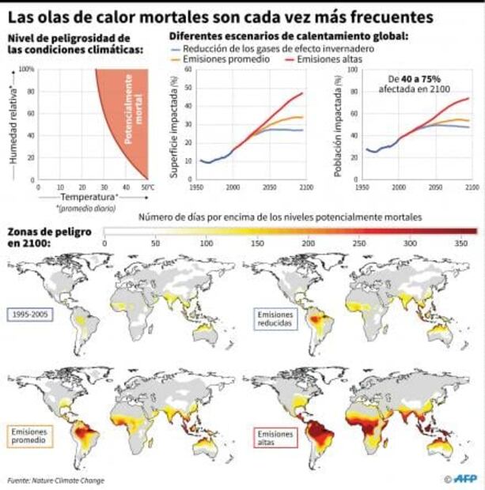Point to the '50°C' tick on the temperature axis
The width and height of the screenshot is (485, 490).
pos(147,187)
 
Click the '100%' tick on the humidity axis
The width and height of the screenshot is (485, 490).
pos(27,70)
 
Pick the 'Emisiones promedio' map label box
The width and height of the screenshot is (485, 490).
pos(31,435)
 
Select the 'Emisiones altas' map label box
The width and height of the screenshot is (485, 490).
pos(274,437)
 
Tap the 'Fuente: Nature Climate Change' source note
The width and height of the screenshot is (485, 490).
pos(56,480)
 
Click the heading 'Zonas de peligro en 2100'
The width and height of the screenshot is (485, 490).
pos(49,237)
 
